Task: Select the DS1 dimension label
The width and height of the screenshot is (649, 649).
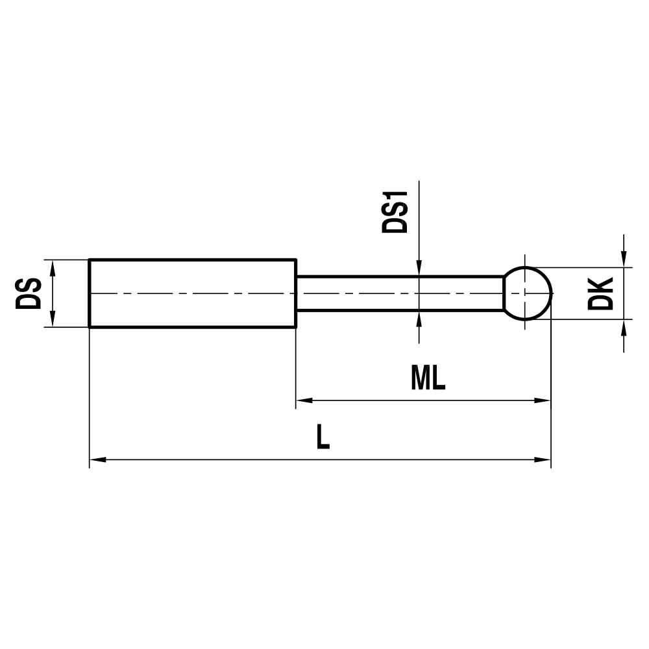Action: tap(395, 212)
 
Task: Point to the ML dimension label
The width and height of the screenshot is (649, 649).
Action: tap(428, 378)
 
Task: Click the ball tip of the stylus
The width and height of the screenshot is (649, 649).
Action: tap(528, 293)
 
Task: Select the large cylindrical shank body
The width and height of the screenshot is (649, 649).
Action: tap(192, 293)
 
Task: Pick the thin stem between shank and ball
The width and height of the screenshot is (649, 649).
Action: tap(399, 293)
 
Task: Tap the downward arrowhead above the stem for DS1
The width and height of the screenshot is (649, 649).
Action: tap(419, 269)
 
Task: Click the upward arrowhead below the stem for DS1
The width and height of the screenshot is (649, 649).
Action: tap(419, 318)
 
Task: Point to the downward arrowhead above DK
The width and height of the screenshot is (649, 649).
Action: tap(624, 259)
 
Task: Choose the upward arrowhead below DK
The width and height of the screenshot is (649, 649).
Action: tap(624, 327)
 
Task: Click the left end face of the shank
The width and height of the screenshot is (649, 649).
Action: tap(90, 293)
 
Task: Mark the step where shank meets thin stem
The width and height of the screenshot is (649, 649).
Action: tap(297, 293)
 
